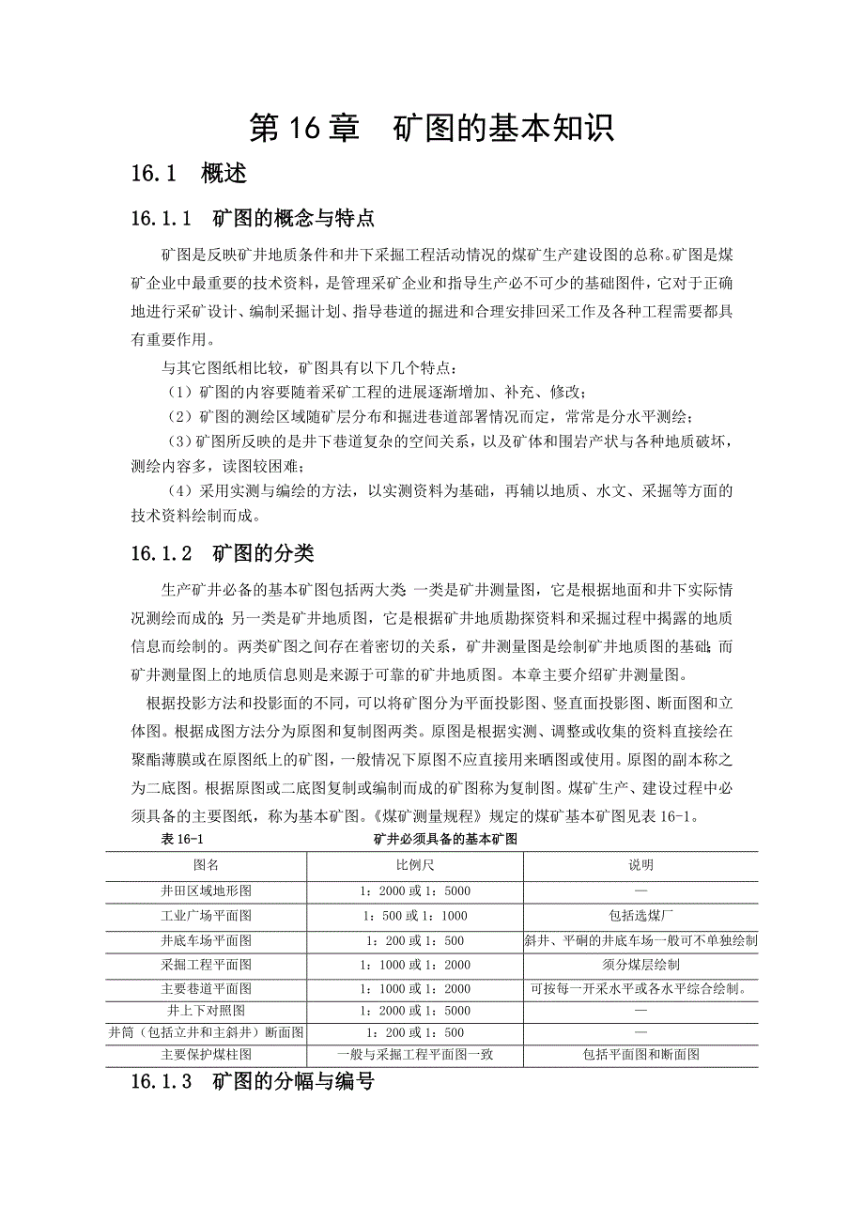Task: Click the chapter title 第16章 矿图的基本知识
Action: (x=432, y=129)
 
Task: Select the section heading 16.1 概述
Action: (x=189, y=174)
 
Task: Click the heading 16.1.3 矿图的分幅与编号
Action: (x=253, y=1082)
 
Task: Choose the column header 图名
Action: (x=206, y=865)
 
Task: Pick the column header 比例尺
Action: (x=415, y=865)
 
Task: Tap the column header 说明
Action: (x=640, y=865)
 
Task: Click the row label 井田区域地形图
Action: (x=206, y=890)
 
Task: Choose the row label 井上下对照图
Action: (x=206, y=1011)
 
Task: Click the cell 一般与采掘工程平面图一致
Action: (x=415, y=1055)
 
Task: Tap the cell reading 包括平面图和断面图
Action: (x=640, y=1055)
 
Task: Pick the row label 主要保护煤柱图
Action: (x=206, y=1055)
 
